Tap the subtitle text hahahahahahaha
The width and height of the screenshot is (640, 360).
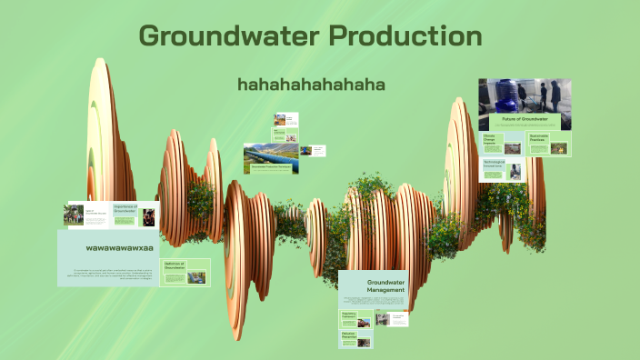pos(311,85)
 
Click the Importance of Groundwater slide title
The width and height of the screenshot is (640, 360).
pos(125,210)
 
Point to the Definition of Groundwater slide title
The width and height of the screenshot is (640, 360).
pos(173,265)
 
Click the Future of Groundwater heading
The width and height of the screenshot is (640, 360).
pos(525,119)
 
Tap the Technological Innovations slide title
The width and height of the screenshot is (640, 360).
pos(494,165)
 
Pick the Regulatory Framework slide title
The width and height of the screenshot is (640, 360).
pos(349,315)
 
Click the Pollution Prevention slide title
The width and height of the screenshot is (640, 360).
pos(348,335)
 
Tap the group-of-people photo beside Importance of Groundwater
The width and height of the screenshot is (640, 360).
pos(74,215)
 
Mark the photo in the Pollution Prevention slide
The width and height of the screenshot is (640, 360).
pos(365,339)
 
